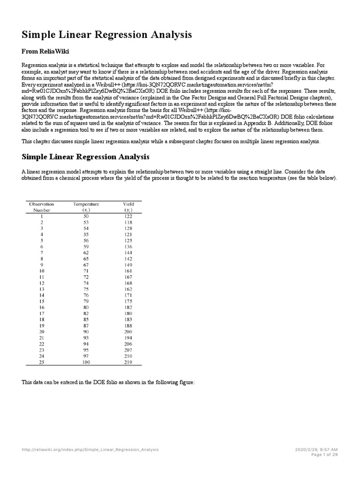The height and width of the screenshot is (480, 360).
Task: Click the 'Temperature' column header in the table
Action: point(86,204)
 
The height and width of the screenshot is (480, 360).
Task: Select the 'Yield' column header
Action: point(128,204)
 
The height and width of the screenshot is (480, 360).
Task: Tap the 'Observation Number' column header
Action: point(42,207)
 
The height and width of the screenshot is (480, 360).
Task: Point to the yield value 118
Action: point(128,222)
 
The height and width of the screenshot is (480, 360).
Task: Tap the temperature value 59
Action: point(86,247)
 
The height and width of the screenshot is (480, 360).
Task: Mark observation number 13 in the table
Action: point(42,289)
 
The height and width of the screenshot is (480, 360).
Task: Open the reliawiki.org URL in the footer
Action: point(90,449)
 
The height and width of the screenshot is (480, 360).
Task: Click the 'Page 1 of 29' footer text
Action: point(324,454)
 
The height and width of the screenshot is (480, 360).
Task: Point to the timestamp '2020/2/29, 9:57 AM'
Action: point(316,449)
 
